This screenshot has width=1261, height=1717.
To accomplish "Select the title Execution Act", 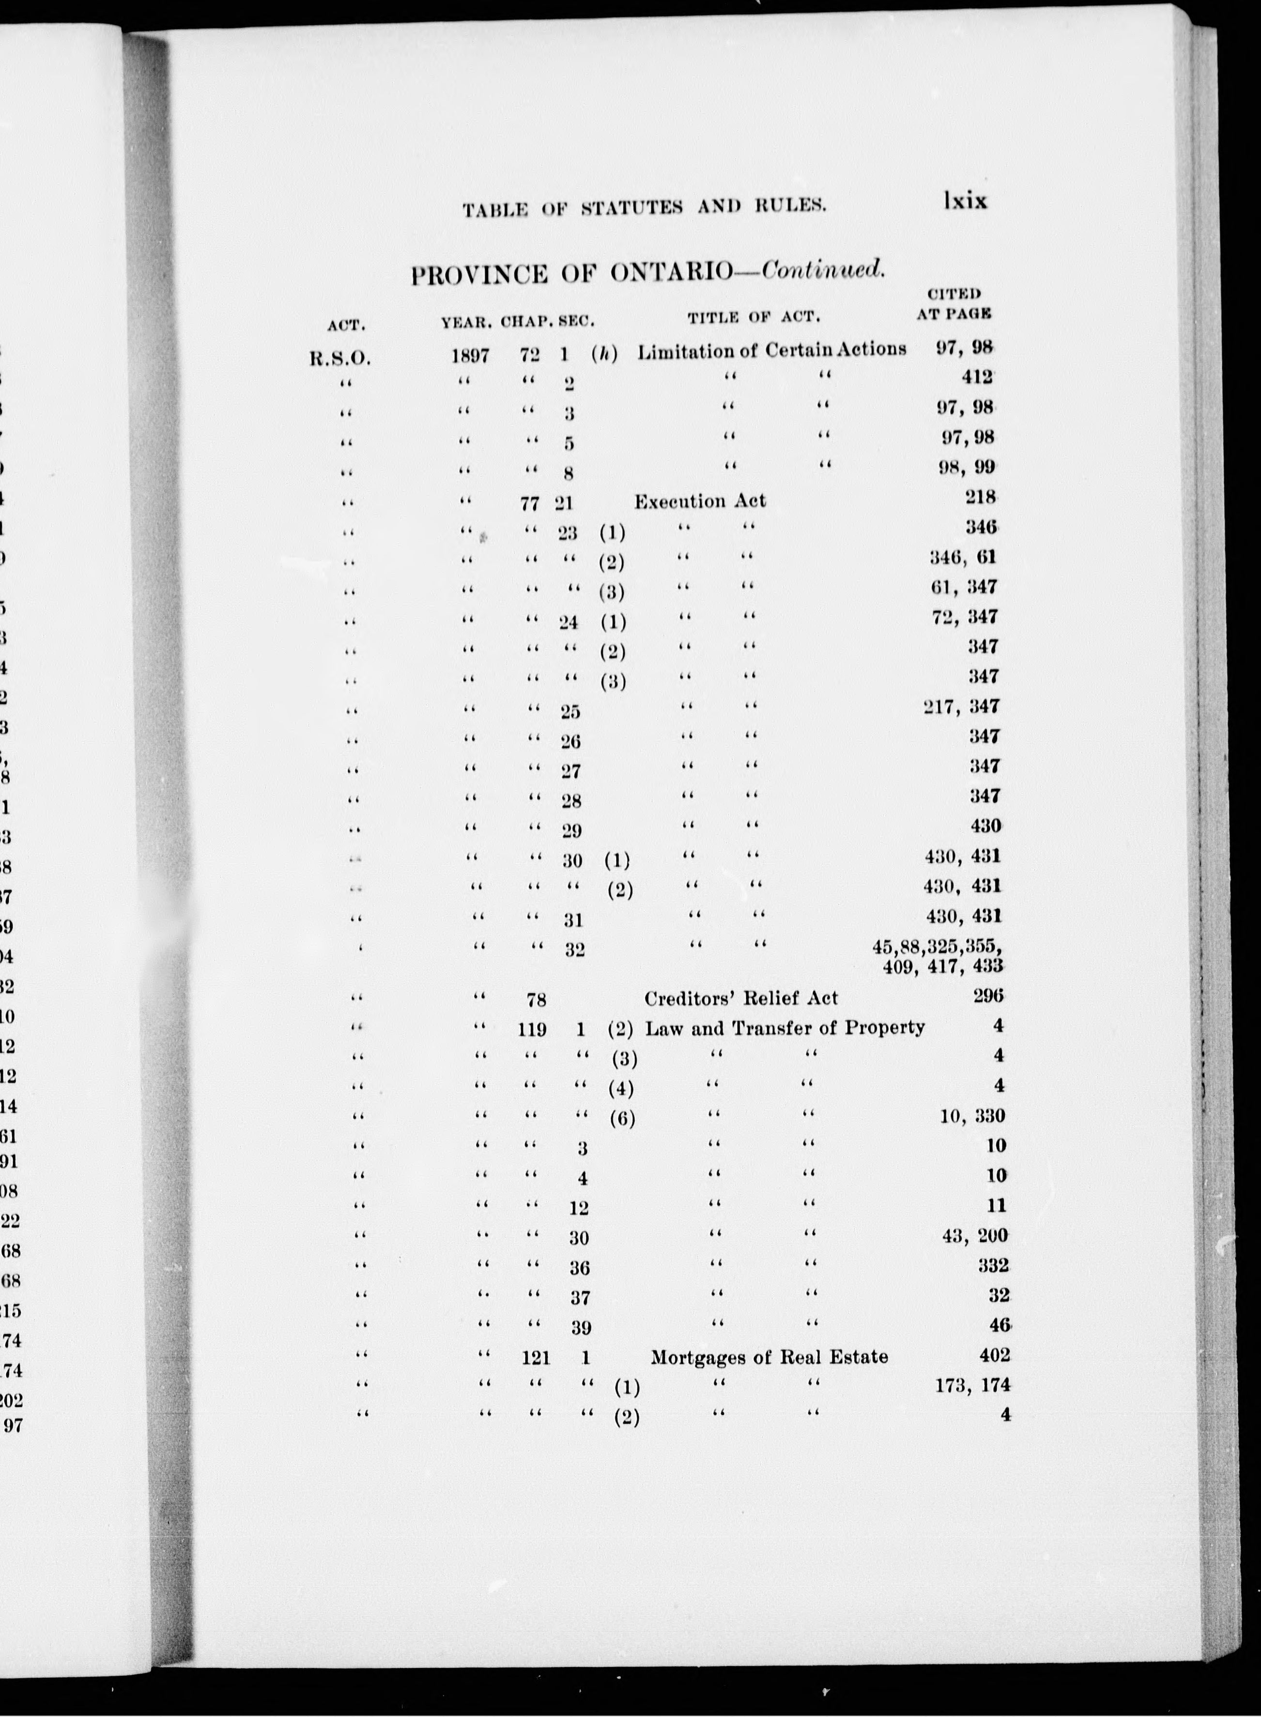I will click(700, 501).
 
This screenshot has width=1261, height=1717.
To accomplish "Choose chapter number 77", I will click(530, 503).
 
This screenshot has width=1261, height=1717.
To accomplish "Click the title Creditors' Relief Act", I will click(741, 999).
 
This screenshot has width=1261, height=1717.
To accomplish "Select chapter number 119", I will click(532, 1029).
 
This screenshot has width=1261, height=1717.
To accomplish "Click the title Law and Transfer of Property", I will click(784, 1028).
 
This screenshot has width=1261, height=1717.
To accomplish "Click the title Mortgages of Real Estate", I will click(769, 1357).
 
